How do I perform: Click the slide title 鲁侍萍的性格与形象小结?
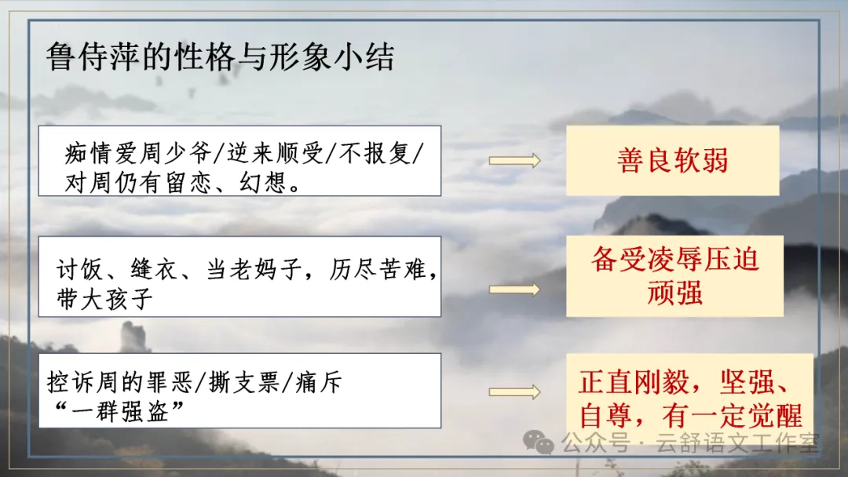(x=220, y=56)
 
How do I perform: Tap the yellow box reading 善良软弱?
(x=672, y=161)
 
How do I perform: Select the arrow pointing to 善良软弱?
(x=514, y=161)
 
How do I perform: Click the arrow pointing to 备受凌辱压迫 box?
(x=514, y=289)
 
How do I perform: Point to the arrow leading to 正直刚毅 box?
(x=514, y=391)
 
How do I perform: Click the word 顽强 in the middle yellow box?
(x=674, y=293)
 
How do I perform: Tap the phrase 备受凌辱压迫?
(x=675, y=260)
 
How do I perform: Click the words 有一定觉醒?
(x=732, y=416)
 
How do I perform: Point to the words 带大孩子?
(x=105, y=299)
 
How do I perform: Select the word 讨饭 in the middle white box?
(x=79, y=269)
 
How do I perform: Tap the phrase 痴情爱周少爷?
(x=138, y=154)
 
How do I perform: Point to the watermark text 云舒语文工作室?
(x=737, y=443)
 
